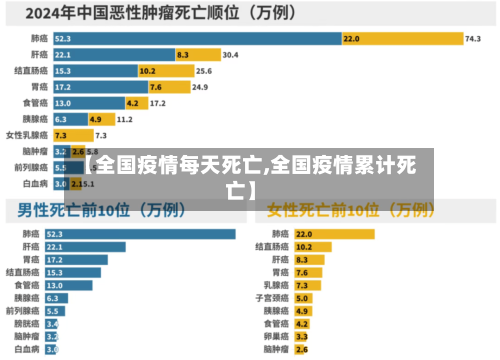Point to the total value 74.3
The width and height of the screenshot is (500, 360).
click(473, 38)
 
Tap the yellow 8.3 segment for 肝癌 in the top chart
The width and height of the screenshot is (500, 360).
click(183, 55)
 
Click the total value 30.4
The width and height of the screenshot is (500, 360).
click(230, 55)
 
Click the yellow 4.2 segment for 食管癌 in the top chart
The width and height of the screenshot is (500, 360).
click(132, 103)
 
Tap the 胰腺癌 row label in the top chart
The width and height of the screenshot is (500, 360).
click(36, 119)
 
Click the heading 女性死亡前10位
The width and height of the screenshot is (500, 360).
click(350, 211)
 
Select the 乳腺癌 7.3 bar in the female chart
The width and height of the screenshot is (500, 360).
click(304, 285)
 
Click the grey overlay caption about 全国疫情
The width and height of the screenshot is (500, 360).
click(250, 175)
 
